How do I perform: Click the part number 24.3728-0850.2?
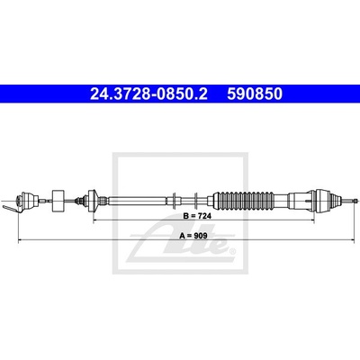(x=148, y=94)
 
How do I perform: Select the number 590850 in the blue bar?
(x=255, y=94)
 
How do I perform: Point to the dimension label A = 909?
(x=193, y=236)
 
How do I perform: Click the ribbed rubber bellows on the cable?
(x=246, y=201)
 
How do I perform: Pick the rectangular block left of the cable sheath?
(x=58, y=201)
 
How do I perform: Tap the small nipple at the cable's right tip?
(x=356, y=201)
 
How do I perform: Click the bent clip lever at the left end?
(x=12, y=208)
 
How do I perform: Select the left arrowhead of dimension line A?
(x=21, y=239)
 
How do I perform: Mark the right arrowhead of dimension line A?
(x=353, y=239)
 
